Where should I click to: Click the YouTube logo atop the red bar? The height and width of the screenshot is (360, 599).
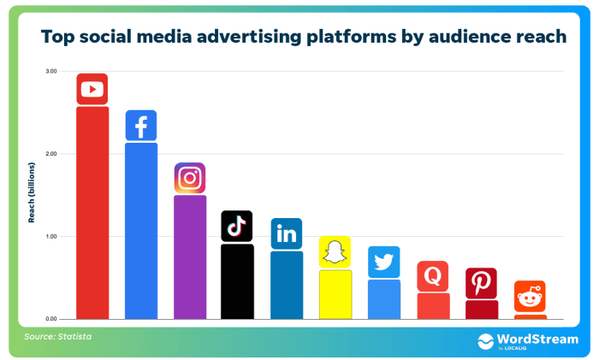(x=92, y=89)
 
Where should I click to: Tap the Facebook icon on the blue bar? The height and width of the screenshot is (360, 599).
(x=141, y=126)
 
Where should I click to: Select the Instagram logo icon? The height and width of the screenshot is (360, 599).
(x=190, y=178)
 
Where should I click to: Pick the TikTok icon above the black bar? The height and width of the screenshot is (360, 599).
(x=237, y=226)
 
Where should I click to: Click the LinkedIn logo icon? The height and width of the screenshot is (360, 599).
(x=287, y=233)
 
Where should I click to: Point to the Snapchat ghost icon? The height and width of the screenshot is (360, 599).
(x=335, y=252)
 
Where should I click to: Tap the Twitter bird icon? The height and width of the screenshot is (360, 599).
(x=384, y=262)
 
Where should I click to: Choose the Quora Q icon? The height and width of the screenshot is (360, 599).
(x=433, y=276)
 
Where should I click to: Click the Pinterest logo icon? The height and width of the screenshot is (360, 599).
(x=482, y=283)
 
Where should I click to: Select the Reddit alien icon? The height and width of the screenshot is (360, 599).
(x=531, y=297)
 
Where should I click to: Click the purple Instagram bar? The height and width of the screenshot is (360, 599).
(x=190, y=257)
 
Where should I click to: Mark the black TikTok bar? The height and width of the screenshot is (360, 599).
(x=237, y=281)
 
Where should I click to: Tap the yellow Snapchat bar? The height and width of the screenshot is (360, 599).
(x=335, y=294)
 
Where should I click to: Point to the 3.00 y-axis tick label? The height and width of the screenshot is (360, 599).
(x=51, y=72)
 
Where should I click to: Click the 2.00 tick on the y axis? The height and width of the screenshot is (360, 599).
(x=51, y=154)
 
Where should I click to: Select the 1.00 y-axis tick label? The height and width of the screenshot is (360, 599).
(x=51, y=236)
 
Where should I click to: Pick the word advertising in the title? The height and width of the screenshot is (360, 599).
(x=249, y=37)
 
